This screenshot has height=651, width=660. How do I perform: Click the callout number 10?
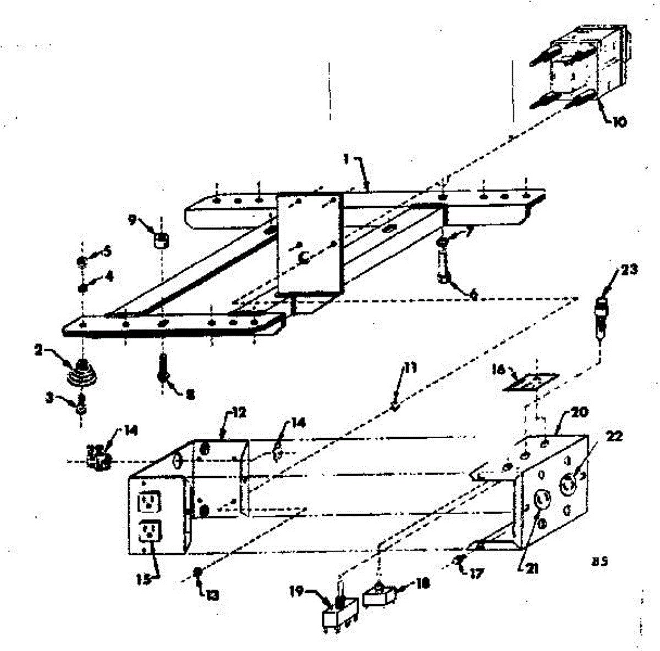pos(618,122)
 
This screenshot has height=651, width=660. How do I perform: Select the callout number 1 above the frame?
pos(346,159)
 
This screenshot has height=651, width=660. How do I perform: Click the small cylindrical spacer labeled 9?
pos(161,241)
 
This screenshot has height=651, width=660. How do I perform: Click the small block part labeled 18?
pos(377,595)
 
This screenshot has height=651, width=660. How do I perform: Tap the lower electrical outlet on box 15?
pos(149,531)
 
